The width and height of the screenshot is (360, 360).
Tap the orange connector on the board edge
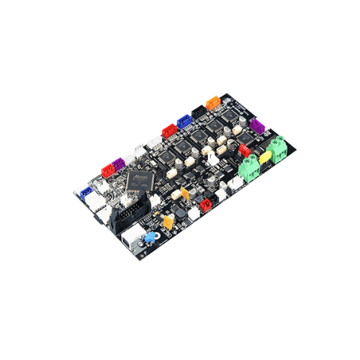pos(212,103)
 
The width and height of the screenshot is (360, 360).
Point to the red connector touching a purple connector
pos(108,171)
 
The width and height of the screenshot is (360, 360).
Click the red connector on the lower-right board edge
pos(204,205)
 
